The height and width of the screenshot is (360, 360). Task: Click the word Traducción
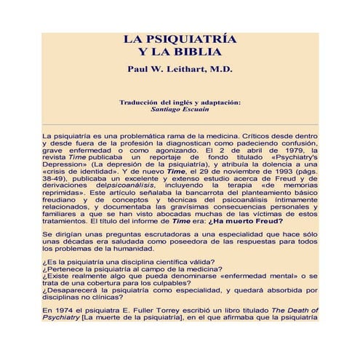click(143, 103)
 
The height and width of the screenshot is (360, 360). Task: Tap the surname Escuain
click(195, 110)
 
